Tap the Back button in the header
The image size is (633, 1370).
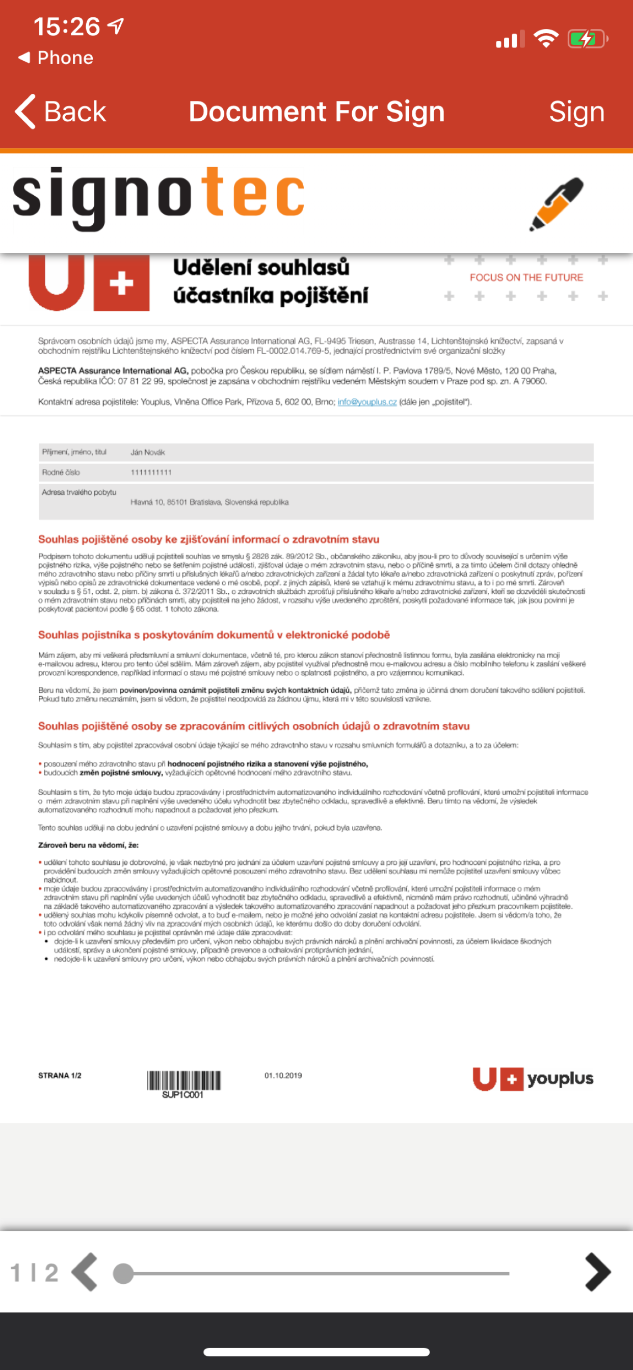pos(61,112)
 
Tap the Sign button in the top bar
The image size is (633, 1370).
pos(576,112)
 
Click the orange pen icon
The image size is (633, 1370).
pos(557,204)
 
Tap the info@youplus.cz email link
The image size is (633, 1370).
pos(367,402)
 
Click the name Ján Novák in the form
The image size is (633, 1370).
pos(148,453)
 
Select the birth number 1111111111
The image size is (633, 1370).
pos(151,472)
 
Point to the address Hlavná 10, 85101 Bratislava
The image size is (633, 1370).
pos(209,502)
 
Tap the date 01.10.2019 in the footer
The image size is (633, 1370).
pos(283,1075)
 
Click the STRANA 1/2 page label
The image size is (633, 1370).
pos(60,1075)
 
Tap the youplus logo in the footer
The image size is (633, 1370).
pos(533,1078)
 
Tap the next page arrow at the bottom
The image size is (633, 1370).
pos(598,1272)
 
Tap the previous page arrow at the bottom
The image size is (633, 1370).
pos(85,1272)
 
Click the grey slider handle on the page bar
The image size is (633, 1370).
pos(123,1274)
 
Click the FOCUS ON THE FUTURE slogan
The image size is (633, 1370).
pos(526,278)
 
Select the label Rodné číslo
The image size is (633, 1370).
pos(61,472)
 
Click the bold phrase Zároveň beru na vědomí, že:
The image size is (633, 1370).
pos(88,845)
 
